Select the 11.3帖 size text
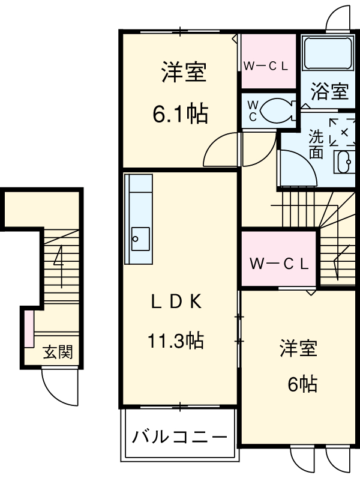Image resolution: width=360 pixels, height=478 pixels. (175, 341)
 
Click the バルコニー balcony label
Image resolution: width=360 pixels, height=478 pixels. (179, 435)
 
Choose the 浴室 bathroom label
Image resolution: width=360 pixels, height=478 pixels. (329, 92)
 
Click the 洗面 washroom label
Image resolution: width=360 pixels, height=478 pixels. (316, 144)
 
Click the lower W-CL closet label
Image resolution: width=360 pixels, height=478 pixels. (278, 262)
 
